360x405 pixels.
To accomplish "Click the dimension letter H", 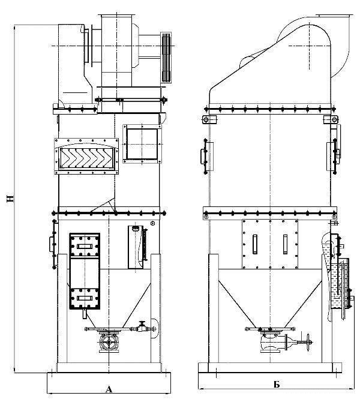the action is click(x=10, y=199).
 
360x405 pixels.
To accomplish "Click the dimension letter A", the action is click(x=109, y=389).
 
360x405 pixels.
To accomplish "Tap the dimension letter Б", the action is click(x=277, y=385).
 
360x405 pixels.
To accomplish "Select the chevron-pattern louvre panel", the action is click(x=86, y=157).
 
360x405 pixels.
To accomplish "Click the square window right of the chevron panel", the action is click(x=142, y=144).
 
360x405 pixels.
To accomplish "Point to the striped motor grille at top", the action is click(x=166, y=58).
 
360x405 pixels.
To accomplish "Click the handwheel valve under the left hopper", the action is click(x=109, y=343).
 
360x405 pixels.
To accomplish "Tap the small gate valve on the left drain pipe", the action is click(x=141, y=327).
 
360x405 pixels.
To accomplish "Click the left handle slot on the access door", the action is click(x=255, y=244).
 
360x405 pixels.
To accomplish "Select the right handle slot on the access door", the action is click(x=285, y=244).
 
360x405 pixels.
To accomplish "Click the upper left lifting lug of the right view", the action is click(x=209, y=119).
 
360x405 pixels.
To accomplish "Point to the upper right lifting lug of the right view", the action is click(x=331, y=119).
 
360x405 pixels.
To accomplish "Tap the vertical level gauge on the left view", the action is click(x=144, y=245).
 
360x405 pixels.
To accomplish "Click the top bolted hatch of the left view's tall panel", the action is click(x=85, y=246).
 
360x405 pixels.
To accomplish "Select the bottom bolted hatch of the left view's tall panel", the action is click(x=85, y=299).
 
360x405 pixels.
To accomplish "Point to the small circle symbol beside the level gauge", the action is click(x=152, y=223).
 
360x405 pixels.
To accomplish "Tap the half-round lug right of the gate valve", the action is click(x=154, y=329).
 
